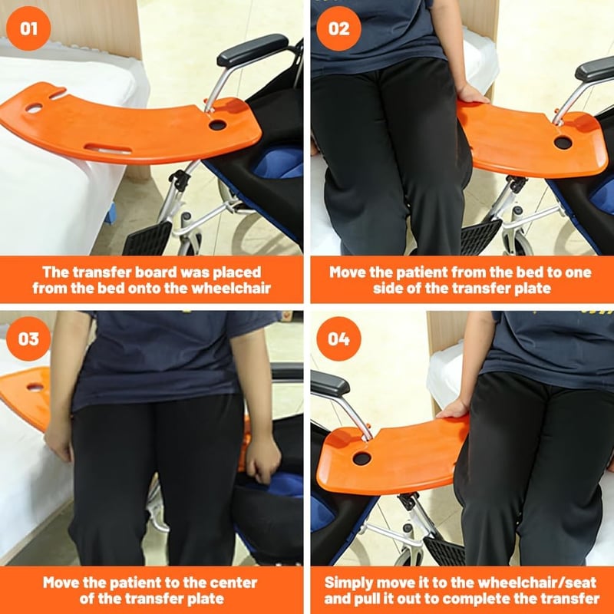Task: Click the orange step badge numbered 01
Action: point(28,28)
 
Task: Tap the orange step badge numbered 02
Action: point(338,28)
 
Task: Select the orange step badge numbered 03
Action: point(28,338)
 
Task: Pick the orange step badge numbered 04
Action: point(338,338)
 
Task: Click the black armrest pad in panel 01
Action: point(253,50)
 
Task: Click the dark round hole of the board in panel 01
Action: point(217,125)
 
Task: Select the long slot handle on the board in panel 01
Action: point(107,149)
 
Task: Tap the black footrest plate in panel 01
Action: point(147,239)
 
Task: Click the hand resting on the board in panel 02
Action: point(472,94)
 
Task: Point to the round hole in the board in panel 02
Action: point(563,143)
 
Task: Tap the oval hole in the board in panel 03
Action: point(35,388)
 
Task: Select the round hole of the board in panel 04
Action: point(361,458)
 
